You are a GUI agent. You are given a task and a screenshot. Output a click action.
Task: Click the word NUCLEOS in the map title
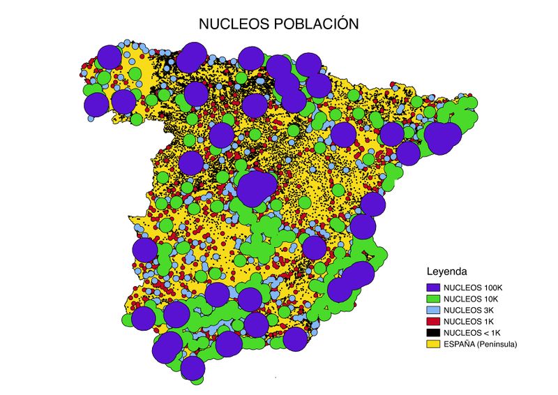(x=232, y=23)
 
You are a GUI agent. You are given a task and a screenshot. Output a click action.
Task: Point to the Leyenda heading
(x=446, y=269)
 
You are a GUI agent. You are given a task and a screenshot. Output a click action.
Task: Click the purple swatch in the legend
(x=432, y=287)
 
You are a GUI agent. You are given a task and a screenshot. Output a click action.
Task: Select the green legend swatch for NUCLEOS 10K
(x=432, y=298)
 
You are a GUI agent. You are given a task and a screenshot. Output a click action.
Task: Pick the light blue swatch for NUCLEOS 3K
(x=432, y=309)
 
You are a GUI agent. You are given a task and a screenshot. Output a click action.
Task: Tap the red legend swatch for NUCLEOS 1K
(x=432, y=321)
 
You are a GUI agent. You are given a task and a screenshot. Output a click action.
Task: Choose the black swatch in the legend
(x=432, y=332)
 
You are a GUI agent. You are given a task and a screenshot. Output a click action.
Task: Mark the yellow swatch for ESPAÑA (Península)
(x=432, y=343)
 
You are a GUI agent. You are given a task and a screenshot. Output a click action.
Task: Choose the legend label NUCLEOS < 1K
(x=472, y=332)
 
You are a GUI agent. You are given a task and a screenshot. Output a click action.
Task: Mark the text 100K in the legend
(x=492, y=287)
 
